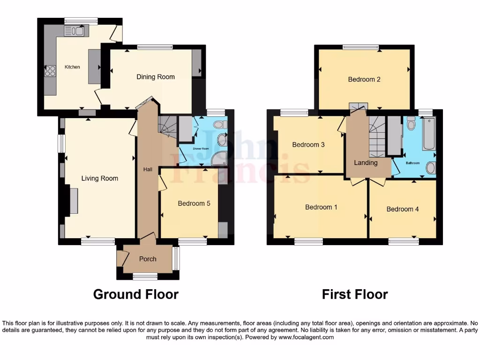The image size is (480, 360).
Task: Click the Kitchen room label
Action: [72, 67]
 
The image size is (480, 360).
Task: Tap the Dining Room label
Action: [155, 77]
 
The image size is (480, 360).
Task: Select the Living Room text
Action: [99, 178]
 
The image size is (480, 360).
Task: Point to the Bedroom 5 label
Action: [194, 203]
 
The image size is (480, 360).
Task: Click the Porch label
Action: [148, 259]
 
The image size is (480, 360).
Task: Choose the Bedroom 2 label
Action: [364, 79]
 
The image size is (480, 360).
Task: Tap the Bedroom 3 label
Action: [308, 145]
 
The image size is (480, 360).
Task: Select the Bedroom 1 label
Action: [321, 207]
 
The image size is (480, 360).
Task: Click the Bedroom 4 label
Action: [402, 209]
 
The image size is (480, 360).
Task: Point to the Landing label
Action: [366, 163]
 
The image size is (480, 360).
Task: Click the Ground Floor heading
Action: [135, 294]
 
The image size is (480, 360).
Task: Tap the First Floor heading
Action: [354, 294]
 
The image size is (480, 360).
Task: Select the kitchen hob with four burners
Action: [50, 71]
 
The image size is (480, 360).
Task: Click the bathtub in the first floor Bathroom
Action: [428, 135]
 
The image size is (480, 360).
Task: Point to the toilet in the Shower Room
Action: [219, 125]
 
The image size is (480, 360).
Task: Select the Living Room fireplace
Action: [74, 201]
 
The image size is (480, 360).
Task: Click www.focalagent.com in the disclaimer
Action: [306, 337]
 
